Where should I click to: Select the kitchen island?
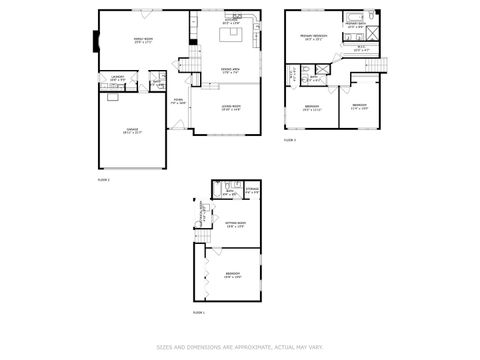[232, 35]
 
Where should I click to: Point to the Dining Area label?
[231, 70]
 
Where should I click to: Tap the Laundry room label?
[117, 78]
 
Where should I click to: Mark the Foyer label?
[178, 101]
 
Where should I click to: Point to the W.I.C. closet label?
[360, 46]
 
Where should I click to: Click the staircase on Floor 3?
[381, 66]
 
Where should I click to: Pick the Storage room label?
[251, 188]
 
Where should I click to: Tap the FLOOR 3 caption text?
[289, 141]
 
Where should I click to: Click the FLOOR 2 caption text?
[103, 180]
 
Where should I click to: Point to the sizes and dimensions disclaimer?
[239, 348]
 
